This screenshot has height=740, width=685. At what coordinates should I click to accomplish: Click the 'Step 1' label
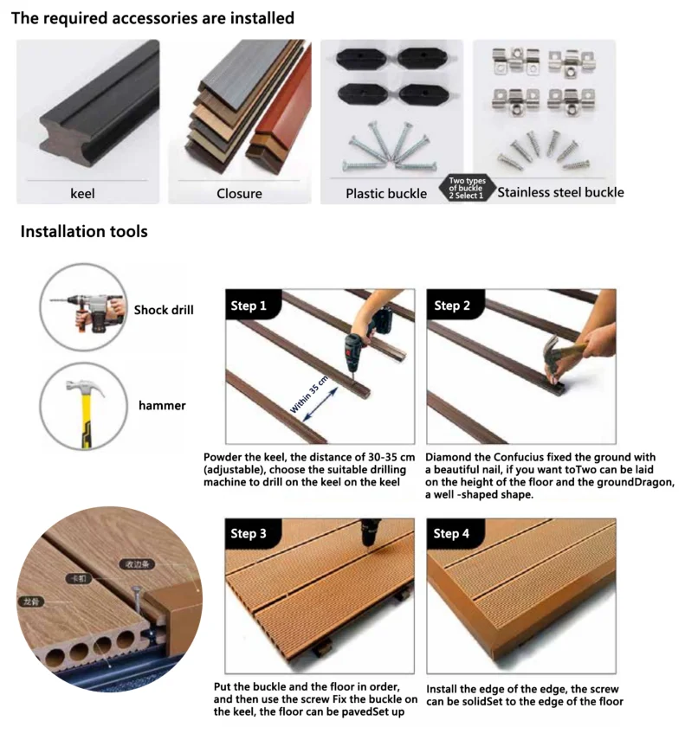coord(249,306)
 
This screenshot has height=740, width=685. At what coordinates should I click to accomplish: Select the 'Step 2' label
coord(452,306)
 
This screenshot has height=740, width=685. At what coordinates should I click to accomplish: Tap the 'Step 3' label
coord(249,534)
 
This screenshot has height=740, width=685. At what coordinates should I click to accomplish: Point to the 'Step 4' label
coord(452,534)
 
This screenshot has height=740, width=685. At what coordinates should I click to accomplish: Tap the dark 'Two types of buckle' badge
coord(466,188)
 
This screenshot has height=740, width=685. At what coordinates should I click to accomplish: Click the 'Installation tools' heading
coord(84,232)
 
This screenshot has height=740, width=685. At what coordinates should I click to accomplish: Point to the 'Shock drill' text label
coord(164,310)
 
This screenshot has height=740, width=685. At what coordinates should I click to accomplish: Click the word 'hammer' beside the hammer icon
coord(162,405)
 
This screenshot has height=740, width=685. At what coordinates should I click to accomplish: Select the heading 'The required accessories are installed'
coord(152,18)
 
